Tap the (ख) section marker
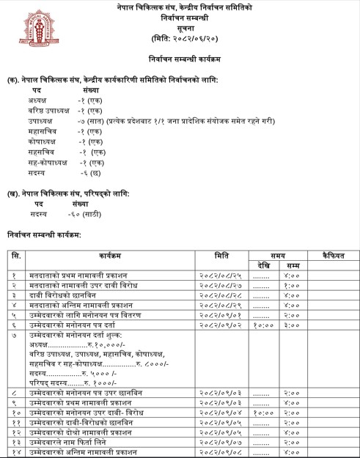click(x=13, y=193)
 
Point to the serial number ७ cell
click(x=13, y=334)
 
